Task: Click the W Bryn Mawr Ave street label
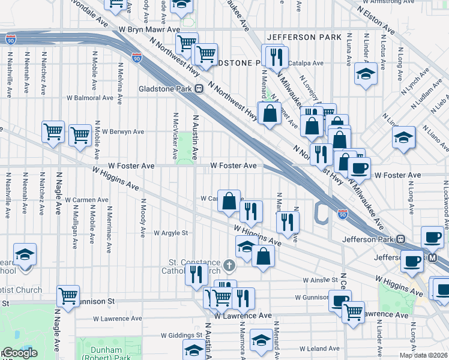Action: coord(149,29)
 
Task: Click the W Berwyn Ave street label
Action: coord(122,131)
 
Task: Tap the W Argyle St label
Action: coord(171,233)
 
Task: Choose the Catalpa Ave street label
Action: coord(306,63)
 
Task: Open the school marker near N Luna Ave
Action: coord(366,75)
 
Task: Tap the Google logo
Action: coord(20,353)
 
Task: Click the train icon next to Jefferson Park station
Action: coord(402,239)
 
